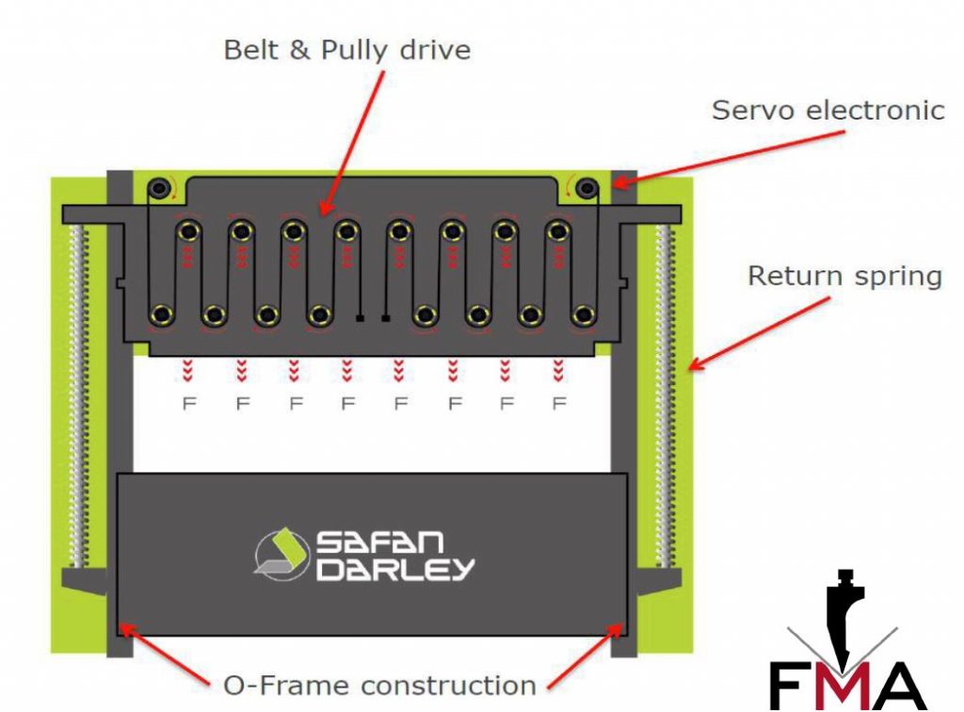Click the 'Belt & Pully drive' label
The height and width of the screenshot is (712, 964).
pyautogui.click(x=346, y=49)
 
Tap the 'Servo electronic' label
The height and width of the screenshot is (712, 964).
pyautogui.click(x=827, y=110)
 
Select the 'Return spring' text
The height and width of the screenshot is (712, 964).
pyautogui.click(x=843, y=276)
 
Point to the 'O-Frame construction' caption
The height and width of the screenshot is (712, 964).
pyautogui.click(x=379, y=685)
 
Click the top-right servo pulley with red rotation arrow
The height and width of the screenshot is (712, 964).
pyautogui.click(x=587, y=188)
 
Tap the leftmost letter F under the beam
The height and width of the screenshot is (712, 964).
pyautogui.click(x=188, y=404)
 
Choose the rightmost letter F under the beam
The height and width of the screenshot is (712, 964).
pyautogui.click(x=559, y=404)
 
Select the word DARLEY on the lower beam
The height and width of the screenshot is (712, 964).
pyautogui.click(x=395, y=569)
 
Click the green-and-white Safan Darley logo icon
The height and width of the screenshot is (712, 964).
pyautogui.click(x=281, y=554)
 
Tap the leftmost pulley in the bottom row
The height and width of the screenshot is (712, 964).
pyautogui.click(x=162, y=313)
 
